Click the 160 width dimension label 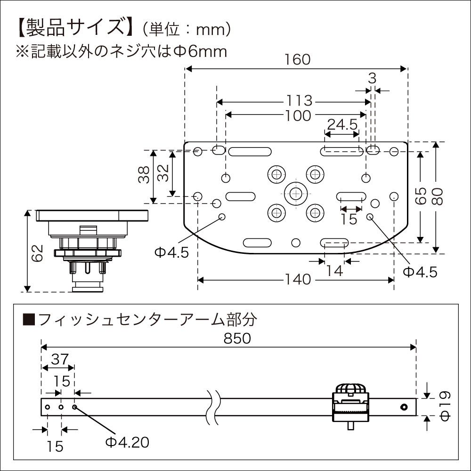[298, 60]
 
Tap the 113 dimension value [298, 101]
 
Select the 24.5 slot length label [342, 124]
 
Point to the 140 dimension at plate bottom [298, 280]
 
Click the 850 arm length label [238, 338]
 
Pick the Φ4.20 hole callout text [127, 442]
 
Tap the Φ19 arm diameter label [447, 406]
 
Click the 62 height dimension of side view [39, 255]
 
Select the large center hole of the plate [295, 192]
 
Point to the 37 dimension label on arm [57, 359]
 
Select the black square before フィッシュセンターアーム [29, 320]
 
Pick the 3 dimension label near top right [372, 79]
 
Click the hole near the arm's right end [404, 407]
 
